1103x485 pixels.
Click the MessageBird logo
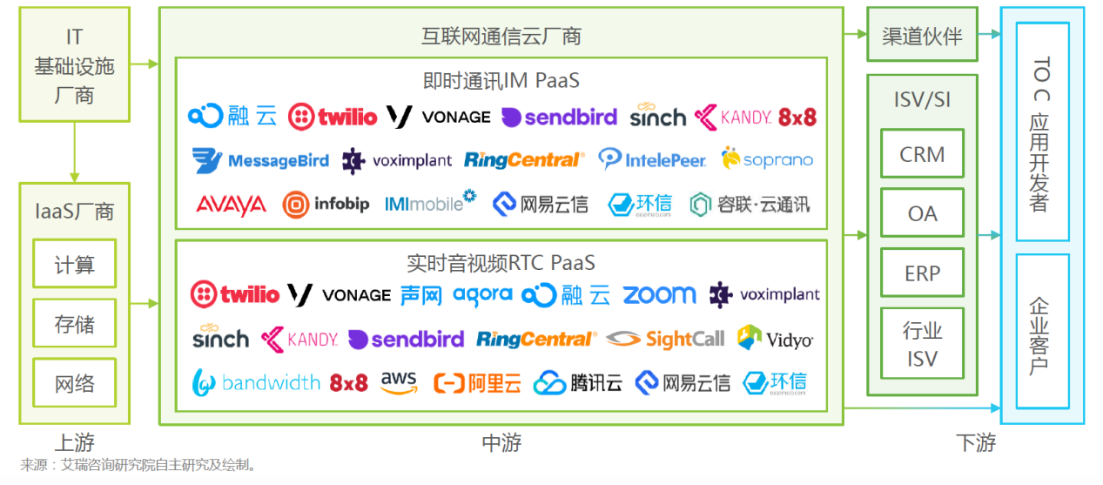point(260,160)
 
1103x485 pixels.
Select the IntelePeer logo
point(652,159)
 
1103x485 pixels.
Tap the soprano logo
point(767,158)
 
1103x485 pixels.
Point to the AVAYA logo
point(231,205)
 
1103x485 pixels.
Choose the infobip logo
point(326,205)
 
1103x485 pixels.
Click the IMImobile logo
point(430,202)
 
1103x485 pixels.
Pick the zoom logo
point(659,294)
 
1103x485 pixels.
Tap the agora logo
point(482,295)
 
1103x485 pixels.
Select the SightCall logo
point(665,340)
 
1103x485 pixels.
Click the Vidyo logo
point(776,338)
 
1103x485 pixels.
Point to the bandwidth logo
point(256,382)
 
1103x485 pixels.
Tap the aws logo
point(399,382)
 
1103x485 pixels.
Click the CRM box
point(922,154)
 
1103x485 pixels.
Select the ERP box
point(922,273)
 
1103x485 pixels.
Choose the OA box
point(922,213)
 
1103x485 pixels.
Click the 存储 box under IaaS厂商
point(75,324)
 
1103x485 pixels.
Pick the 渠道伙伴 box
point(922,35)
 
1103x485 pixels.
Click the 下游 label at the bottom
point(976,442)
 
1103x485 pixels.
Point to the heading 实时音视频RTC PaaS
point(501,264)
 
